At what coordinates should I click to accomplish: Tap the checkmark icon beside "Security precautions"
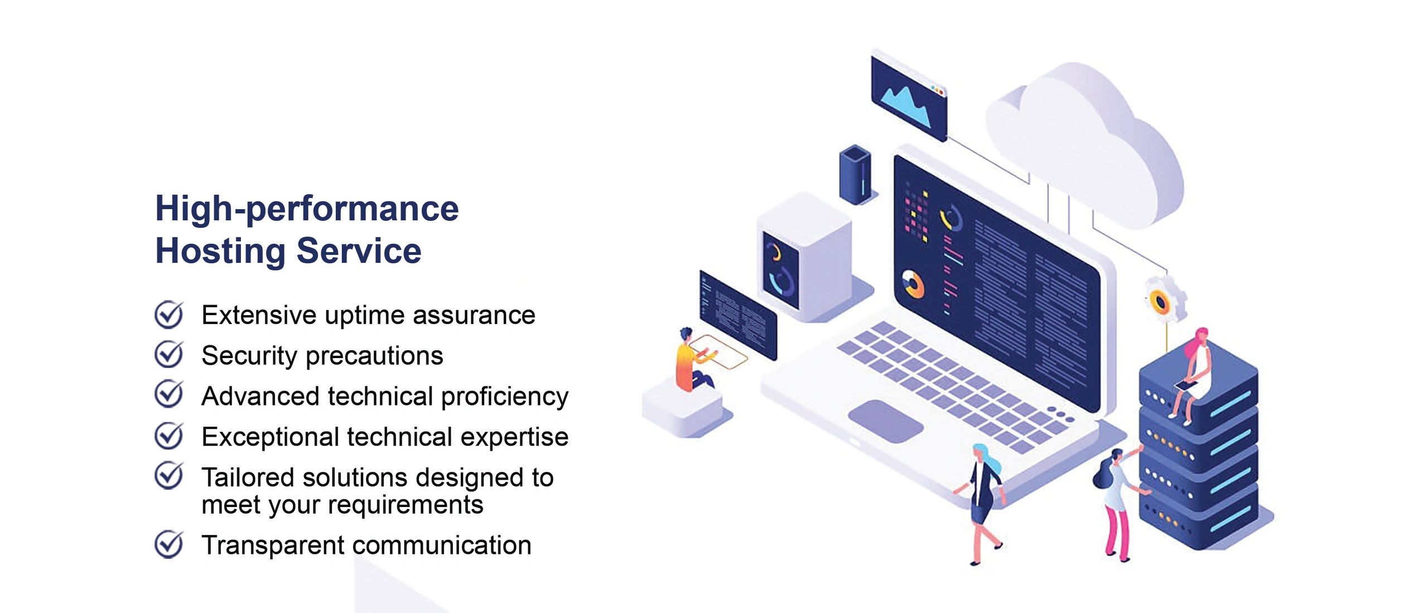pos(168,355)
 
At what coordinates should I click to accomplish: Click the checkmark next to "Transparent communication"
pos(168,544)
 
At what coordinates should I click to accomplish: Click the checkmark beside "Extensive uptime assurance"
pos(168,315)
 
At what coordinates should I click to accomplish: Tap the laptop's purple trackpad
pos(886,421)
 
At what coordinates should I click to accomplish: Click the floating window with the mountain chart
pos(909,95)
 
